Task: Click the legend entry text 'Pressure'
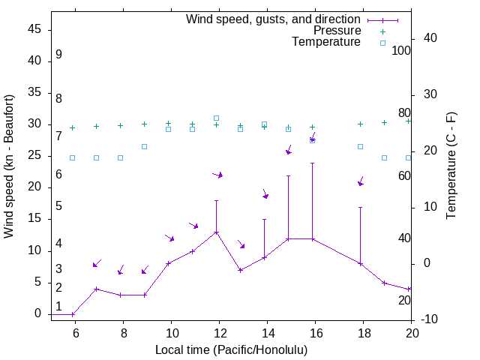click(337, 31)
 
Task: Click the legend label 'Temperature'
click(326, 42)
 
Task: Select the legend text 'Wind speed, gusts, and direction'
click(274, 19)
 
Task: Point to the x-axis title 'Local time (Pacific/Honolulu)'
click(231, 350)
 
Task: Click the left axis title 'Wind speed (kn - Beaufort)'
click(9, 166)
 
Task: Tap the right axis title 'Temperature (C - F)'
click(451, 166)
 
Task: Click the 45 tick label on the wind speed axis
click(34, 29)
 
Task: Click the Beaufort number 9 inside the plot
click(58, 55)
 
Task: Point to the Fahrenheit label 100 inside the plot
click(401, 50)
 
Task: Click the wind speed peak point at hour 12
click(216, 232)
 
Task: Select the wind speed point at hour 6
click(72, 314)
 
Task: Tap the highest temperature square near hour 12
click(216, 118)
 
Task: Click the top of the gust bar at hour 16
click(312, 163)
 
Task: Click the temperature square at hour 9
click(144, 146)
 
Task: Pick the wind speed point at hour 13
click(240, 270)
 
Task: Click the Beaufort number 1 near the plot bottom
click(58, 307)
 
